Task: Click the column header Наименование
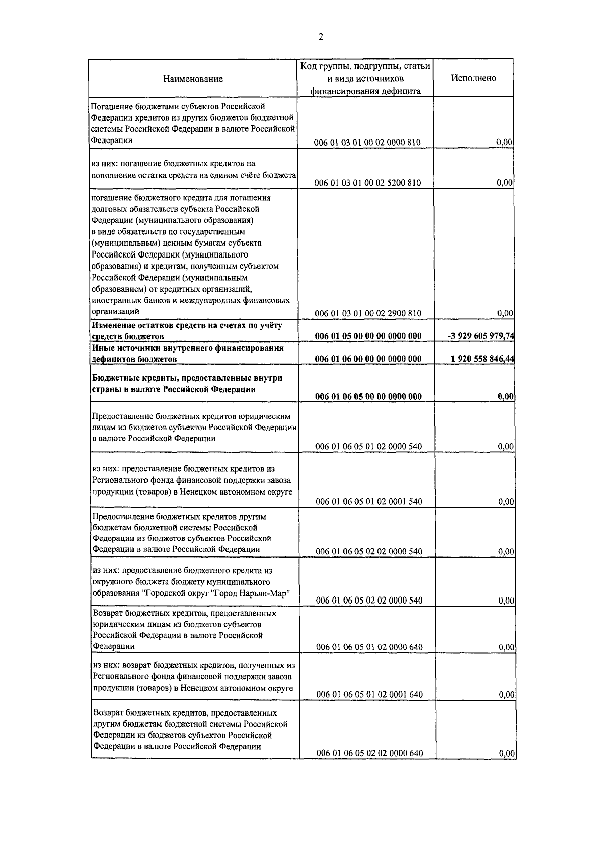193,79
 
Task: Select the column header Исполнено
473,78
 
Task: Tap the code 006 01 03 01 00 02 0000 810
367,143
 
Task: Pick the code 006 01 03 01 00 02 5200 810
367,183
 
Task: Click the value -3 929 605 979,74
481,336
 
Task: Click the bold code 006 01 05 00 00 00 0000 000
368,336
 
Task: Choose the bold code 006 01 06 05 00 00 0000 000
368,396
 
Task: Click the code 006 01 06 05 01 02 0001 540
369,501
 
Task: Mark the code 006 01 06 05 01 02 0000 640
369,647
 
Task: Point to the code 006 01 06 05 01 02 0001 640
369,694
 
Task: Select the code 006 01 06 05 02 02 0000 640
369,753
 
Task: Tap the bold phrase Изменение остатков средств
145,325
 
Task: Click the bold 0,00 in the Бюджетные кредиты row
505,396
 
